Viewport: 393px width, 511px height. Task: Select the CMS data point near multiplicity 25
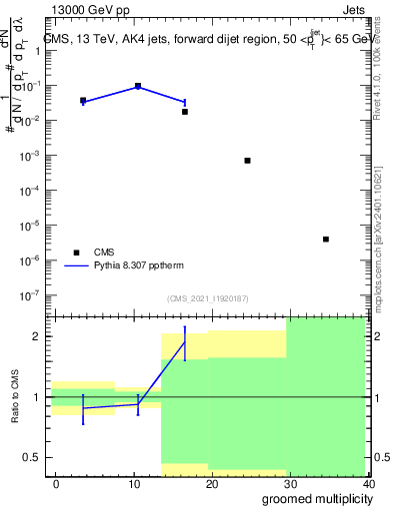pos(248,160)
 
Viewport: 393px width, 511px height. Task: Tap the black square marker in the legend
pos(75,253)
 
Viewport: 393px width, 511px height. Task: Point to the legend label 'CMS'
pos(104,253)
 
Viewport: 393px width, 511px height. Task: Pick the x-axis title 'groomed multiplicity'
pos(312,499)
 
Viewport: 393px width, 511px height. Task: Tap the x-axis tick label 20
pos(212,483)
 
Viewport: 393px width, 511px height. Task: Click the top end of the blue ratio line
pos(185,342)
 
